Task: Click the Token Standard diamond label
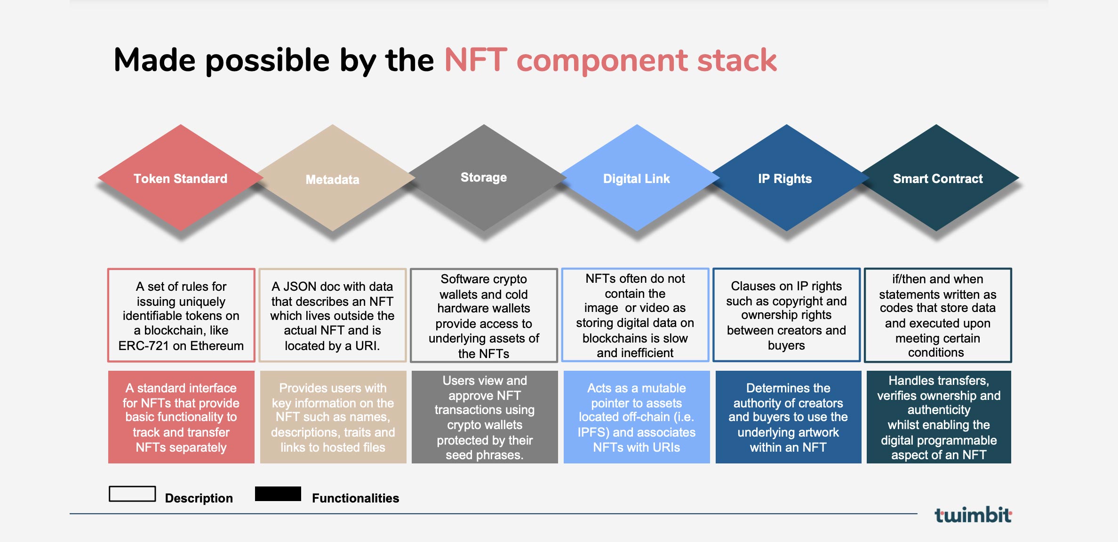point(180,179)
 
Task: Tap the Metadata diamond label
point(332,180)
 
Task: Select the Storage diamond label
point(484,177)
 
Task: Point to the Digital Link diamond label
point(637,179)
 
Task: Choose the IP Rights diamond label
point(785,179)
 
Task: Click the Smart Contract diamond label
point(938,179)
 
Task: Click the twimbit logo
point(973,515)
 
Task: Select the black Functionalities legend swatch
point(278,494)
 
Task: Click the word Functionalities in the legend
point(355,498)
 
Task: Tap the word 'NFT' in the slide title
point(476,60)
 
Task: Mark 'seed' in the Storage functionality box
point(459,455)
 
